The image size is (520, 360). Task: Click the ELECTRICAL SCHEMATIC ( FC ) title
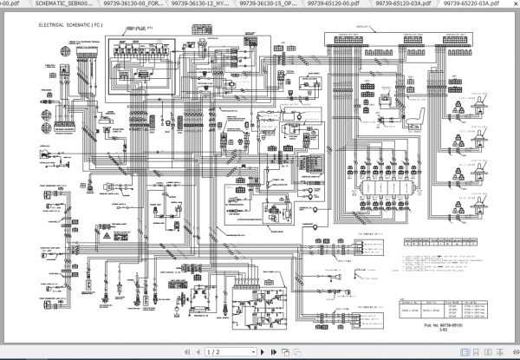[x=76, y=26]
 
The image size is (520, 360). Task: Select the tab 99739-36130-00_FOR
[x=131, y=4]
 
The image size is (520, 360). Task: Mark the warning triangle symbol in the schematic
[x=102, y=235]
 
